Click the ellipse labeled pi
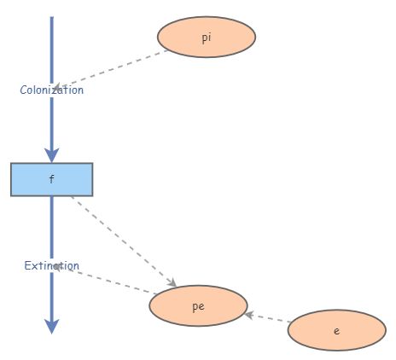click(x=207, y=38)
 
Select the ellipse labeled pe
click(x=198, y=306)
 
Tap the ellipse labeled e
click(x=337, y=330)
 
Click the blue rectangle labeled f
click(x=51, y=179)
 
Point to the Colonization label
click(x=51, y=90)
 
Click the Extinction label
click(x=51, y=265)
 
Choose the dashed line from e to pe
click(x=269, y=318)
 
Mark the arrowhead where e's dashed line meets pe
click(x=248, y=315)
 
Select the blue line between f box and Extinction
click(x=51, y=226)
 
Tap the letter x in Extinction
click(x=33, y=265)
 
